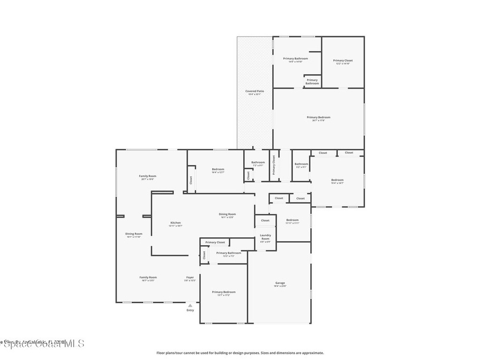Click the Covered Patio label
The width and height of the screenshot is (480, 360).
click(255, 91)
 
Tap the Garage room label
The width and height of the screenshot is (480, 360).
click(280, 283)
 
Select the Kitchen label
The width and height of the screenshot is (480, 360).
click(175, 223)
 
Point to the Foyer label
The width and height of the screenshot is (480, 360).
click(190, 277)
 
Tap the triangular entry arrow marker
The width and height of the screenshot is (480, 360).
click(190, 305)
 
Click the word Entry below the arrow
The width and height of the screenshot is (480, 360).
click(190, 310)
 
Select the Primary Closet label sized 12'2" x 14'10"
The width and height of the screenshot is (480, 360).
click(343, 60)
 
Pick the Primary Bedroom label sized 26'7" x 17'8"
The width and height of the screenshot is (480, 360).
click(318, 117)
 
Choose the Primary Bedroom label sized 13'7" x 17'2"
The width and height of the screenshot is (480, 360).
click(223, 292)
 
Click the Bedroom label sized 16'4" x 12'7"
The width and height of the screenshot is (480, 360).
click(218, 169)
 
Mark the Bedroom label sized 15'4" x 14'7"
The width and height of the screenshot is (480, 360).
click(337, 180)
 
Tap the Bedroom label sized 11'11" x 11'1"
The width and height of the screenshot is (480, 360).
click(292, 220)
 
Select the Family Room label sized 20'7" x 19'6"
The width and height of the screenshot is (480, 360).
click(147, 176)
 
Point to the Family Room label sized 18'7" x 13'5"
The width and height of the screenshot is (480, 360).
click(148, 277)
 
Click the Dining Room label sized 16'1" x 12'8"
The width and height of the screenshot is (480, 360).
click(227, 214)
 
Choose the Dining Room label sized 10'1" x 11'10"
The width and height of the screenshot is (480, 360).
click(134, 234)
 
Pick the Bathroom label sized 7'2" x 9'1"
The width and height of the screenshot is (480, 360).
click(258, 163)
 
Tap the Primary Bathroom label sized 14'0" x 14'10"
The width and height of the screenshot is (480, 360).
click(295, 59)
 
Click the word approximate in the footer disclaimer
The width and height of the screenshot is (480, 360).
click(313, 353)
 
